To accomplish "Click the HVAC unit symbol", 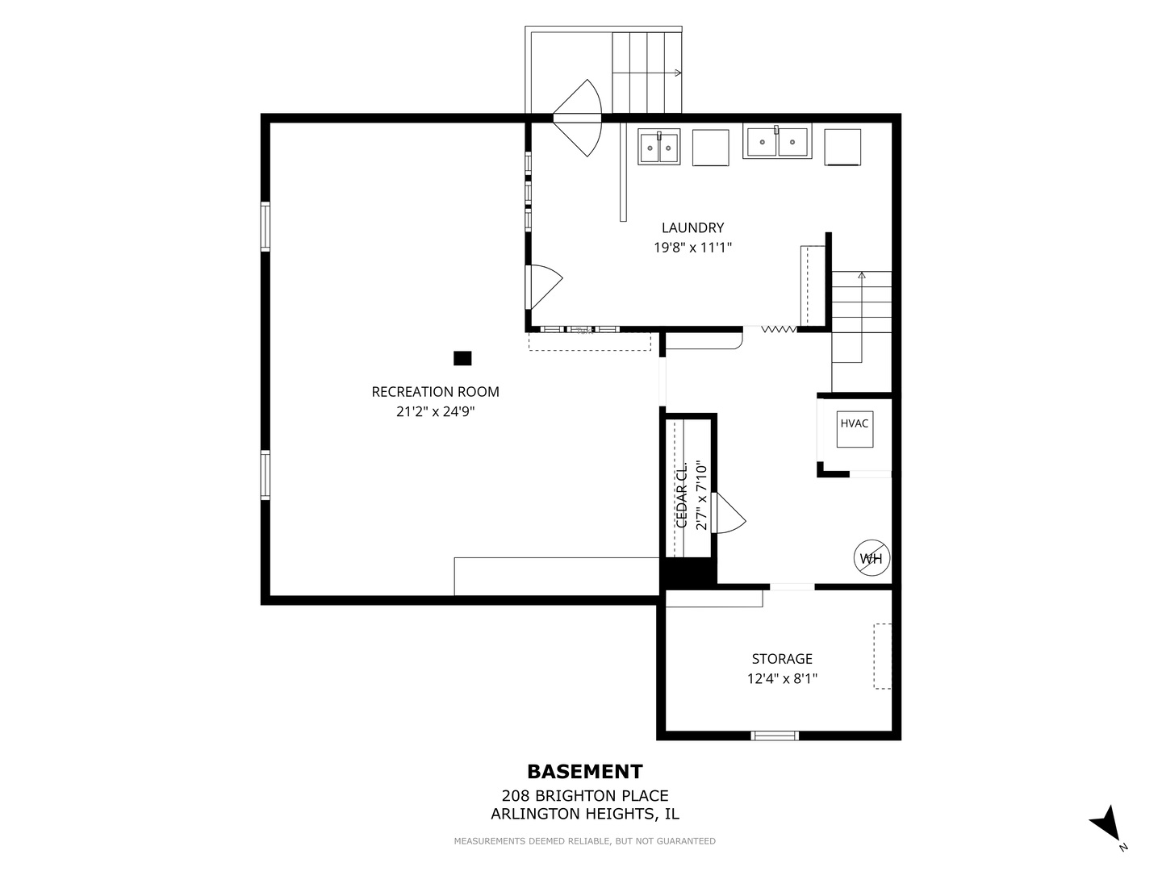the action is [855, 429].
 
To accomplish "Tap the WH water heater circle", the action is [871, 558].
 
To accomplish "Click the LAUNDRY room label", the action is [692, 228].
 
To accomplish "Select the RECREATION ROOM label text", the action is [435, 392].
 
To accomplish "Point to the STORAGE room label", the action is [782, 659].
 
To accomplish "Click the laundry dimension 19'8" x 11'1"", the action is [692, 248].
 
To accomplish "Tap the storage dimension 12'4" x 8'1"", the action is [782, 678].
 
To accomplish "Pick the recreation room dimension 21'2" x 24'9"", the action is [435, 411].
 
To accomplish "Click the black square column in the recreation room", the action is [462, 359].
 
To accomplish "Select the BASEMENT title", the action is [585, 772].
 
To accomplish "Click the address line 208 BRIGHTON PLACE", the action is [585, 796].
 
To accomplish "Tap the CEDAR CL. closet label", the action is [682, 495].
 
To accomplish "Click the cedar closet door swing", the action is [728, 513].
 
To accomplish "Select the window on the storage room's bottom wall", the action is [775, 736].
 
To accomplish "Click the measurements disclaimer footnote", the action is [584, 841].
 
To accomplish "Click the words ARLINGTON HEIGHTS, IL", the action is [585, 814].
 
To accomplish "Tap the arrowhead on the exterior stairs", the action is [679, 73].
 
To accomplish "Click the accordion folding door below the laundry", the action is [779, 330].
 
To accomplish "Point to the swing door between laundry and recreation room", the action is [544, 286].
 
